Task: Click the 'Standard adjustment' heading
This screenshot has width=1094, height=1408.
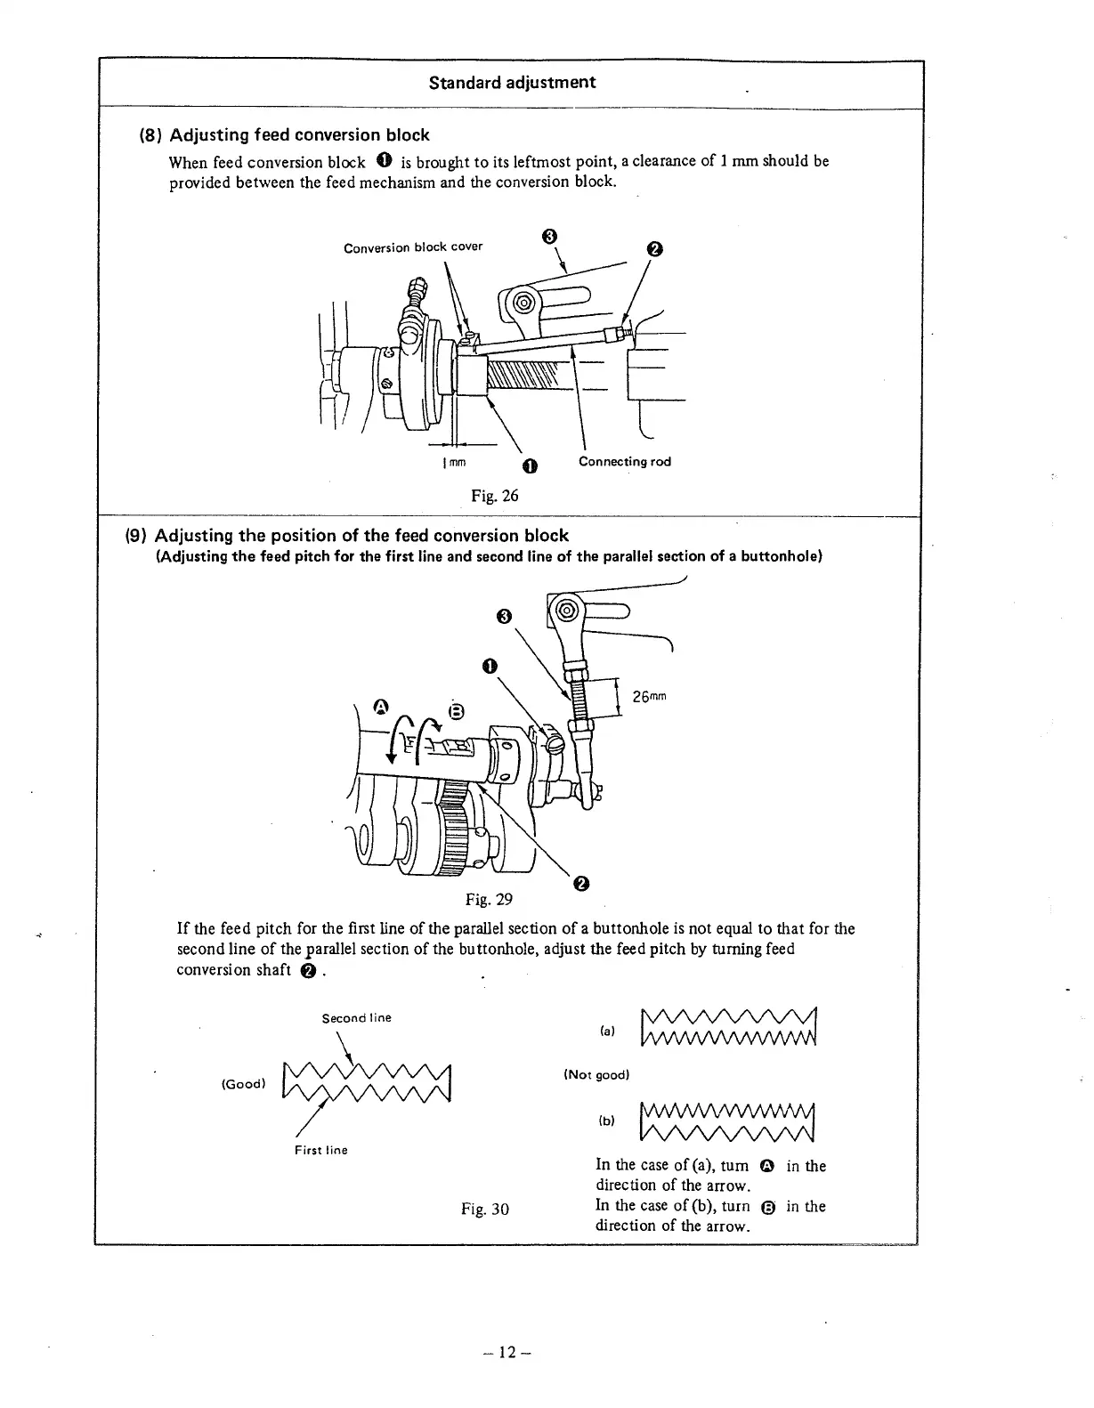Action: point(512,83)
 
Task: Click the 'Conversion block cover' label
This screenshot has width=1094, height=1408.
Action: point(413,247)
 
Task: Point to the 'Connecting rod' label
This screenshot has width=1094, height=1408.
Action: point(624,461)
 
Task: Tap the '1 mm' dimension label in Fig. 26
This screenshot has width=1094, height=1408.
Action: point(454,463)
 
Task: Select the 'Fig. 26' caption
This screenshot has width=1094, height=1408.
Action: point(494,496)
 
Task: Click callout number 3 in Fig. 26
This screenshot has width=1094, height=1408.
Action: point(549,236)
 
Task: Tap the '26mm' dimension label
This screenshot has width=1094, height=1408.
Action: point(649,697)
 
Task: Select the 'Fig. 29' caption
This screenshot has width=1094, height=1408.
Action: point(489,899)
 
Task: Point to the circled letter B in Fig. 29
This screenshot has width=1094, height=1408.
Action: point(456,710)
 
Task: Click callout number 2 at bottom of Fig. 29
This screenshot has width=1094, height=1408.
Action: point(580,883)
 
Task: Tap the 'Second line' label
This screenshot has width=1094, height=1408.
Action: point(356,1017)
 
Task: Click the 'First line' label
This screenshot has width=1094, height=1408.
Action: point(320,1150)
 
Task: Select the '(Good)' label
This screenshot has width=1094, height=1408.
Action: point(243,1084)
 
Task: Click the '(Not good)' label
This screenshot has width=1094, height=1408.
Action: point(596,1074)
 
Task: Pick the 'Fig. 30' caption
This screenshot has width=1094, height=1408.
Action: point(485,1209)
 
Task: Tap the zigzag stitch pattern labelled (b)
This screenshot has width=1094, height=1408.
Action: point(727,1121)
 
